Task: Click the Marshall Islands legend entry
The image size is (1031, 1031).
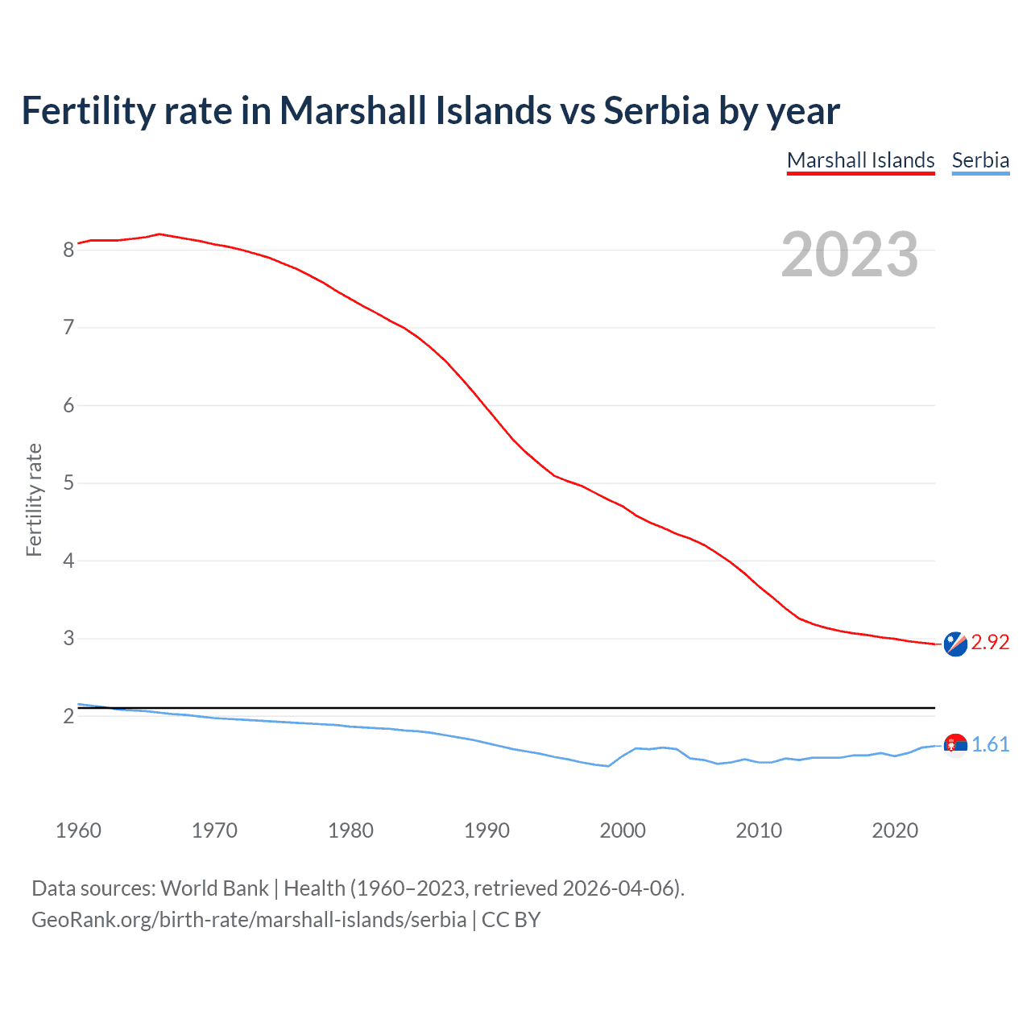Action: (860, 160)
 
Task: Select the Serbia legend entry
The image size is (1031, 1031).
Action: (980, 160)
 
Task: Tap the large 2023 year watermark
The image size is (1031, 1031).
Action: (850, 255)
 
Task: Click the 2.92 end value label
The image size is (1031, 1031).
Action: (990, 642)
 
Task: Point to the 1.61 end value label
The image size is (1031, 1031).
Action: (990, 744)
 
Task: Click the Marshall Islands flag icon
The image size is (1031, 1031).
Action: (955, 644)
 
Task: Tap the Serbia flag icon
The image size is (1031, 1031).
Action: (955, 745)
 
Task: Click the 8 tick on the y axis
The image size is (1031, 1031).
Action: (69, 250)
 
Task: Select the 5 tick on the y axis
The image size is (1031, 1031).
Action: (69, 483)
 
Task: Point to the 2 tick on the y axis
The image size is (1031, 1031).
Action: (69, 716)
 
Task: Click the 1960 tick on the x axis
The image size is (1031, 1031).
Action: (78, 830)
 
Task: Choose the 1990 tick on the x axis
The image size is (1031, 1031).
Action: (487, 830)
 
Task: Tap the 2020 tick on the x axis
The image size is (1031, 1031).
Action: (895, 830)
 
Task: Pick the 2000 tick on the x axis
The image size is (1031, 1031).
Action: (623, 830)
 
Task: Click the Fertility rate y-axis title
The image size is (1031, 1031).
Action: (34, 499)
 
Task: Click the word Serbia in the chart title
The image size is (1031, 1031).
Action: (656, 110)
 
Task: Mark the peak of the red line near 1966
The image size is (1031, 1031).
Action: (159, 234)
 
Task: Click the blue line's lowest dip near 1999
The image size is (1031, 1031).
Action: (608, 766)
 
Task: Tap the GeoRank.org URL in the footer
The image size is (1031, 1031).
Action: (249, 920)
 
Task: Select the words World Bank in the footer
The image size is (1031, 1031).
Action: (214, 888)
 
